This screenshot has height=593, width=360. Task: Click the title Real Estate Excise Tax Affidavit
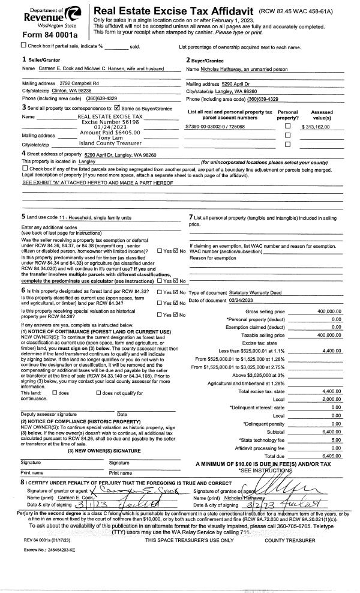tap(173, 11)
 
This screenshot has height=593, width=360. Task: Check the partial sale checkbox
tap(23, 45)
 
